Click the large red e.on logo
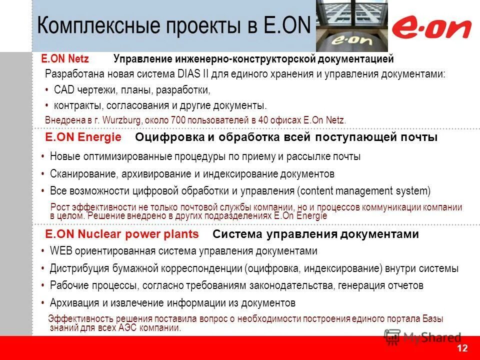click(x=431, y=28)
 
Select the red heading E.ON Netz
click(x=65, y=59)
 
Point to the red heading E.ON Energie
click(x=83, y=137)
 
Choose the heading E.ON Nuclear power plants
click(x=122, y=234)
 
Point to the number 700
click(x=178, y=120)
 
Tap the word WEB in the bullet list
click(x=60, y=251)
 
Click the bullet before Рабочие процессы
click(x=44, y=285)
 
